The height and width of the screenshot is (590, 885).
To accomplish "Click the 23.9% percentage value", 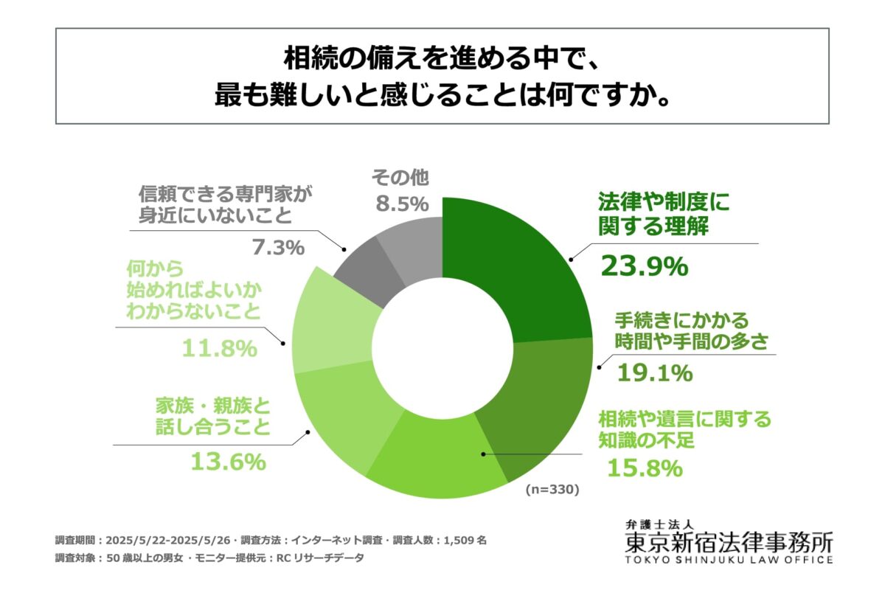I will point(645,265).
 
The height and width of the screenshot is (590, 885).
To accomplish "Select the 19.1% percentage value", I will point(655,372).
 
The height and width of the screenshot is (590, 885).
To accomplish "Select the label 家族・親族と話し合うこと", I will point(213,417).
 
